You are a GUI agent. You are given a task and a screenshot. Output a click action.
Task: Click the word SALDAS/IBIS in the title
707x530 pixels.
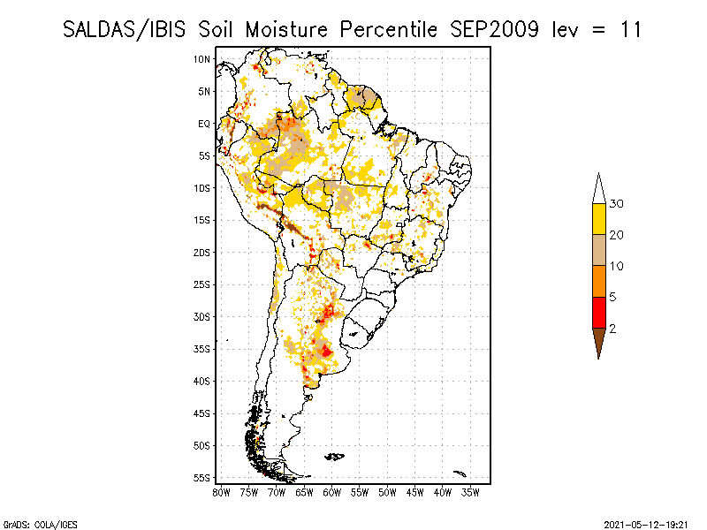click(x=124, y=30)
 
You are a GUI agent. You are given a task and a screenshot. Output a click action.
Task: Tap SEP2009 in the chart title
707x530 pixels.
click(x=495, y=30)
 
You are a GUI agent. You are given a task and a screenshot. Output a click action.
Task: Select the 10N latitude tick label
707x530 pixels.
click(x=201, y=59)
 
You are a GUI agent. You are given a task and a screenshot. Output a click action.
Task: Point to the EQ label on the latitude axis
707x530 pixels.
click(x=204, y=124)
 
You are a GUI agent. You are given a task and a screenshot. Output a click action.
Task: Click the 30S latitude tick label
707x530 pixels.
click(x=201, y=317)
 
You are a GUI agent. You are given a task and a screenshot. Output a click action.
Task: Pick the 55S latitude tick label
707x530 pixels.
click(x=201, y=478)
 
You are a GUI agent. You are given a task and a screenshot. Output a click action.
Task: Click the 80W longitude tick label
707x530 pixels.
click(x=222, y=493)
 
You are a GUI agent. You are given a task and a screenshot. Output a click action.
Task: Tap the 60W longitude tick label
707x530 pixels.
click(x=332, y=493)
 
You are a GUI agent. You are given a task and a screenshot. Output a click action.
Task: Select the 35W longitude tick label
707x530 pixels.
click(x=470, y=493)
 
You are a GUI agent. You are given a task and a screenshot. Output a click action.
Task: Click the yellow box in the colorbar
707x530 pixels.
click(x=599, y=219)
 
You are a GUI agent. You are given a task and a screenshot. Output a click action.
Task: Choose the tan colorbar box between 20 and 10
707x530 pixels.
click(x=599, y=250)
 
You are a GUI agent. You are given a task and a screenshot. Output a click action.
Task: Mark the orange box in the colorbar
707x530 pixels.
click(x=599, y=281)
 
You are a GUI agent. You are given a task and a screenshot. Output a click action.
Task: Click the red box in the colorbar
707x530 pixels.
click(x=599, y=313)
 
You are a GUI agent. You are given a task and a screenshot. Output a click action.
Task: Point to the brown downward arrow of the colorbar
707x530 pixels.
click(x=599, y=340)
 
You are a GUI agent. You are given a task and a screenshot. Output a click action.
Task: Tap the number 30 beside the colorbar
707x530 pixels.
click(x=616, y=204)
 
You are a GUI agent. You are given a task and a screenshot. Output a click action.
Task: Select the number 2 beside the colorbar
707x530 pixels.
click(x=612, y=329)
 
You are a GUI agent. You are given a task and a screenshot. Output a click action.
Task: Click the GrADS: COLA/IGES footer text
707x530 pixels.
click(x=40, y=525)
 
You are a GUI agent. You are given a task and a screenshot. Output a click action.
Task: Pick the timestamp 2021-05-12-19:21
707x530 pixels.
click(x=646, y=525)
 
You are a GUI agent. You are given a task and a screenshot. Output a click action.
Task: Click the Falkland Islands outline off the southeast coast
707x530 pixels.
click(x=335, y=457)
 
